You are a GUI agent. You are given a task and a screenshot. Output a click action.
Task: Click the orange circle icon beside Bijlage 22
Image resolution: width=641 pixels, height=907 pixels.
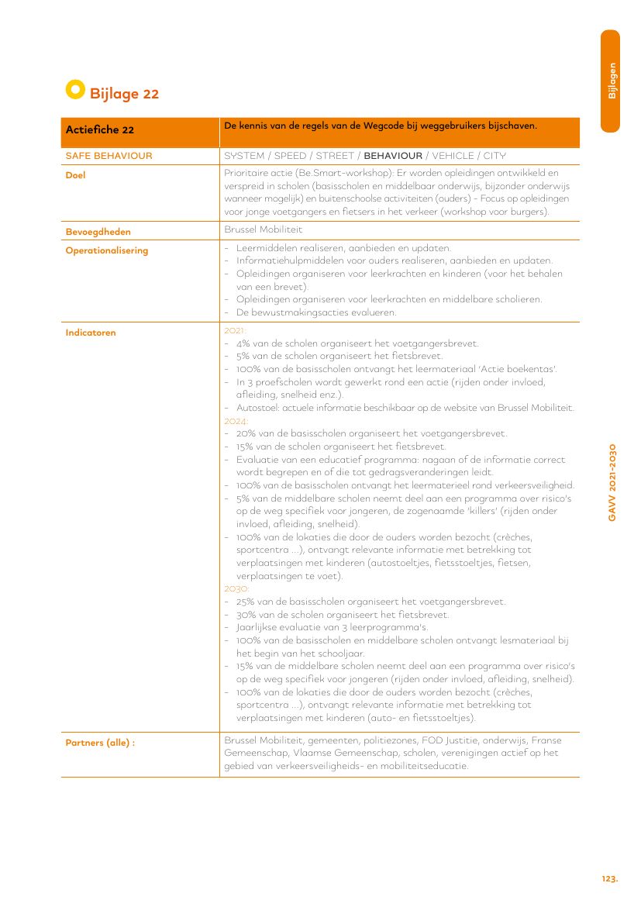[x=74, y=90]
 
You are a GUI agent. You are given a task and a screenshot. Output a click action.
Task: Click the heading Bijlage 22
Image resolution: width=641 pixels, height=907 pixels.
[x=124, y=94]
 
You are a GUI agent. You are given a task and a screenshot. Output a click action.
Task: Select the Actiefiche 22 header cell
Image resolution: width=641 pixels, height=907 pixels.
[x=100, y=130]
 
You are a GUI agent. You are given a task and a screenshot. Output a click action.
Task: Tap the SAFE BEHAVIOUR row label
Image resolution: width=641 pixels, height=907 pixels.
[x=109, y=156]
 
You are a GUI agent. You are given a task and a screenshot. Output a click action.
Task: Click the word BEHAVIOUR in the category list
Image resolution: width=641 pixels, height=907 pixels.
[x=393, y=156]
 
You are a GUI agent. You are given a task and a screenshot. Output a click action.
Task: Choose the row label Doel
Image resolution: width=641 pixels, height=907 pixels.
[x=75, y=175]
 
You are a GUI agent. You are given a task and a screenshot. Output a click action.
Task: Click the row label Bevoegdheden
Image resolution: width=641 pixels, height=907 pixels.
[x=98, y=231]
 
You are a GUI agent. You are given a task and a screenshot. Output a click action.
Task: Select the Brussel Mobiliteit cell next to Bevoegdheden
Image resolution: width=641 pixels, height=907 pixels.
[x=264, y=230]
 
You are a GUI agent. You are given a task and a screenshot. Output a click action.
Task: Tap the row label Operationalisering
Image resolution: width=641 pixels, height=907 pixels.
[x=107, y=250]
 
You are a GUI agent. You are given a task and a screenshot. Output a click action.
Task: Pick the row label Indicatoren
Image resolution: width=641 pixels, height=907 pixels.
[x=91, y=333]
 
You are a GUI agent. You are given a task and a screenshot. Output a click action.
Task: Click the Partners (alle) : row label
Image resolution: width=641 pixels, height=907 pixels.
[x=100, y=743]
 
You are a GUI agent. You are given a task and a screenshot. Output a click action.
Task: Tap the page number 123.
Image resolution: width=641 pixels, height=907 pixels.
[x=609, y=878]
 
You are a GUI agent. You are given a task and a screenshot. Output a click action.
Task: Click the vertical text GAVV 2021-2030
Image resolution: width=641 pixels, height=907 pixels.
[x=612, y=482]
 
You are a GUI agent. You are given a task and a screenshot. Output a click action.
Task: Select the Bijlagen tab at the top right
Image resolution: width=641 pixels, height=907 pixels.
[x=612, y=81]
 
